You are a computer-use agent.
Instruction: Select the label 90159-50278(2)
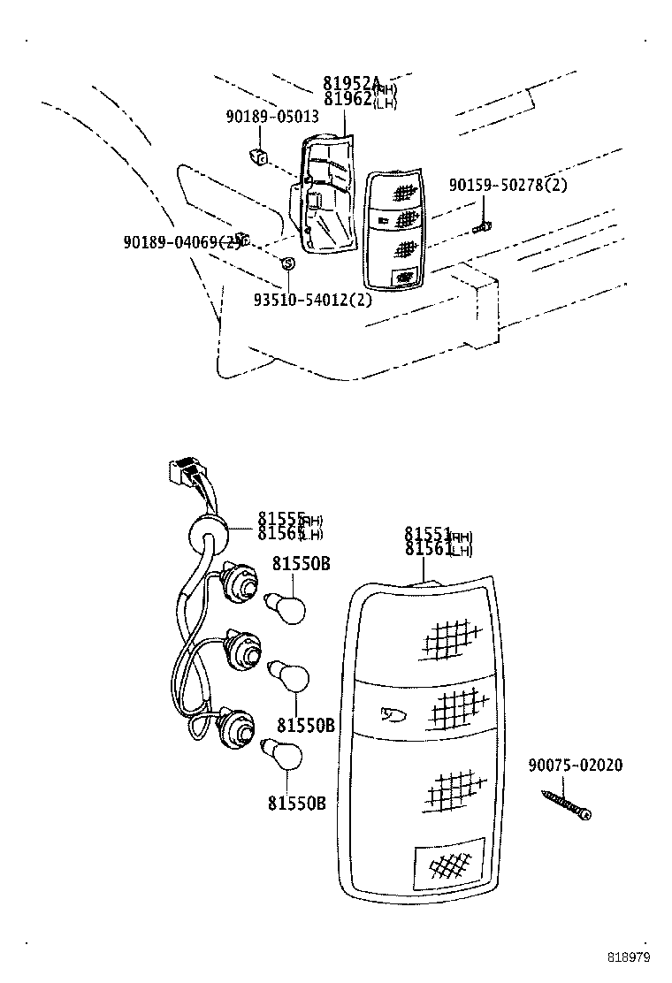[508, 185]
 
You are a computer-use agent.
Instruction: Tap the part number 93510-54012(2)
[312, 299]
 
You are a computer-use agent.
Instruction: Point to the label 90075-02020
[575, 766]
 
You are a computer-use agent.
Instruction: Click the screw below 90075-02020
[566, 804]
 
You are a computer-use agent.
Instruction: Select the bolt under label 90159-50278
[482, 228]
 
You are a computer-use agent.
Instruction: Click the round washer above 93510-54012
[286, 263]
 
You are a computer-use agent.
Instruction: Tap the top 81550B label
[301, 563]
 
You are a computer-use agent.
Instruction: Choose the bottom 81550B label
[296, 804]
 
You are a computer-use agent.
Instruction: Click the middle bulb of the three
[288, 676]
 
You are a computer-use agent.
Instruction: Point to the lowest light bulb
[285, 756]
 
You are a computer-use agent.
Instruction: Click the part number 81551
[428, 535]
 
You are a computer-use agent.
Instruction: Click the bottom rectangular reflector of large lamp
[448, 863]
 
